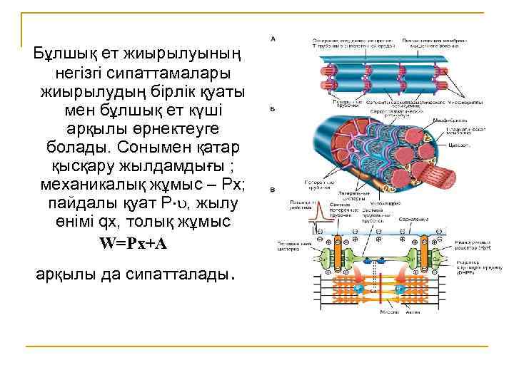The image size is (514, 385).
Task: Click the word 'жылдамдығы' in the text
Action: pos(178,165)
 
